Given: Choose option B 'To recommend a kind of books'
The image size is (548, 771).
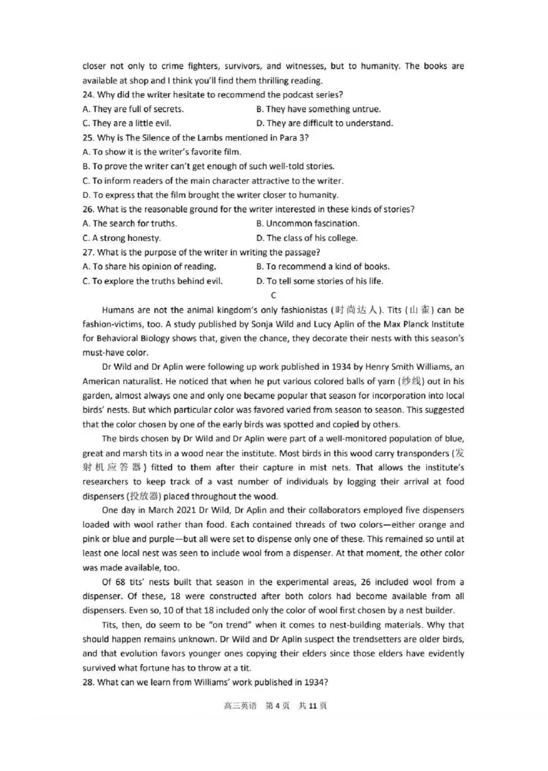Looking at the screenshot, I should (323, 266).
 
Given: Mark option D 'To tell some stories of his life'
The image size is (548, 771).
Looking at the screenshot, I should (320, 281).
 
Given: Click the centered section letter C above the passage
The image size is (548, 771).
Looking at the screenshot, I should (273, 295).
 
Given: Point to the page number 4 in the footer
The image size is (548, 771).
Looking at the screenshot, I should (278, 705).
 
